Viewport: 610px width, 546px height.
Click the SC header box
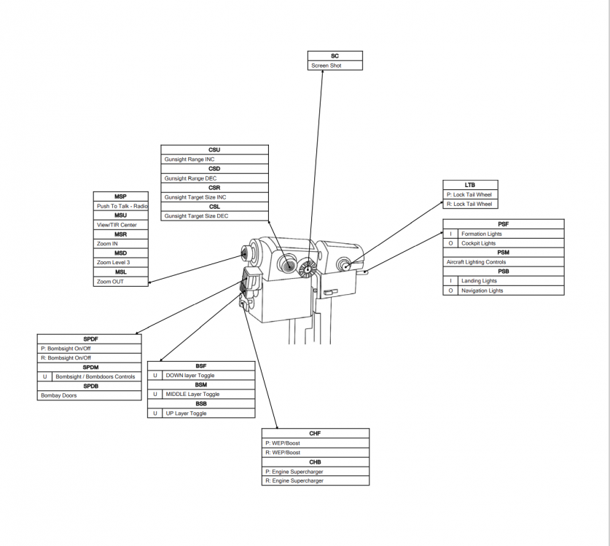pos(335,56)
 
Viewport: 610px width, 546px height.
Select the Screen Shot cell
pos(335,66)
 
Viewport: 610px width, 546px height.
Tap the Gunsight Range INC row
pos(214,159)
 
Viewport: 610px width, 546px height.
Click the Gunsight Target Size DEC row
pos(214,216)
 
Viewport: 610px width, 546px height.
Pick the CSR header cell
pos(214,188)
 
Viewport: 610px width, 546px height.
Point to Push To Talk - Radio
pos(121,206)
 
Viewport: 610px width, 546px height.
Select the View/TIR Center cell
pos(121,225)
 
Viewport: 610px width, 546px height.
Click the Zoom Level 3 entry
pos(121,262)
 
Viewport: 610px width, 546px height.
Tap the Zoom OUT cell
pos(121,281)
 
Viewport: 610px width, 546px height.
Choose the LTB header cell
pos(470,186)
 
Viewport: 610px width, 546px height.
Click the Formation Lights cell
pos(511,234)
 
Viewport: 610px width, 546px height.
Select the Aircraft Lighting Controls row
pos(504,262)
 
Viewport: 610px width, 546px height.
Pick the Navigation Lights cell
pos(511,290)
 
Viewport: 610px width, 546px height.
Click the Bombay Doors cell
pos(89,395)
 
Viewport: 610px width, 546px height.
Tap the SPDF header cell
pos(89,339)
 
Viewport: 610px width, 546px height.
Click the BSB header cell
pos(201,403)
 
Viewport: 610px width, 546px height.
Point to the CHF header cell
pos(315,433)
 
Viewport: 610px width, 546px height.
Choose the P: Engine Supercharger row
pos(315,472)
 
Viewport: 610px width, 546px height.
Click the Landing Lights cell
pos(511,281)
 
